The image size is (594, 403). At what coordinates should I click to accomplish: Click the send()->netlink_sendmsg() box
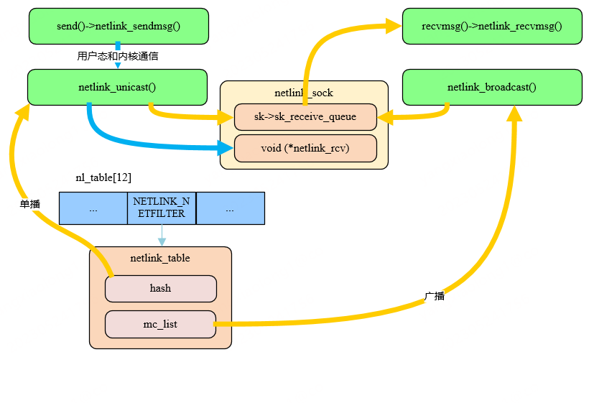(119, 27)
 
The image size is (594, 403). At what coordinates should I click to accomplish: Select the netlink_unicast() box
(117, 87)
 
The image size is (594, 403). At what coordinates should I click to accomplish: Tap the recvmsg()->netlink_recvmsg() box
(492, 27)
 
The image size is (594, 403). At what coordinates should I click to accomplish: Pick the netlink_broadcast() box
(492, 87)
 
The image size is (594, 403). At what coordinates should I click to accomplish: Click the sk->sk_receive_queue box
(305, 117)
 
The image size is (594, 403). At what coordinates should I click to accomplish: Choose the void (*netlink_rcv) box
(305, 148)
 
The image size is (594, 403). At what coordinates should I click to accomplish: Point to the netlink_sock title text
(304, 93)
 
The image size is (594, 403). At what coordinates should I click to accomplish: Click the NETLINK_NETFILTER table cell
(162, 208)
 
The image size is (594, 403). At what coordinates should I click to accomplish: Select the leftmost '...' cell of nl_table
(93, 208)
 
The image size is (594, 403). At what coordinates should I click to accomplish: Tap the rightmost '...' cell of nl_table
(230, 208)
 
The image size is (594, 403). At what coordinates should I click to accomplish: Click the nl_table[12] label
(103, 177)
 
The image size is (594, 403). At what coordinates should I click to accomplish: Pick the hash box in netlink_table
(160, 288)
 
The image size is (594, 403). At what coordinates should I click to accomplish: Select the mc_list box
(160, 324)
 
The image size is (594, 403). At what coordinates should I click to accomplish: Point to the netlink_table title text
(160, 257)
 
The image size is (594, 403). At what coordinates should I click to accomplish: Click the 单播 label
(30, 204)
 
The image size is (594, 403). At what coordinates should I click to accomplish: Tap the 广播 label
(435, 296)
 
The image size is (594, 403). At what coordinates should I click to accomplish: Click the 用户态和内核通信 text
(118, 56)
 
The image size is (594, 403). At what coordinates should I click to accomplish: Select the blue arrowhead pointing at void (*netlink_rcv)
(227, 149)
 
